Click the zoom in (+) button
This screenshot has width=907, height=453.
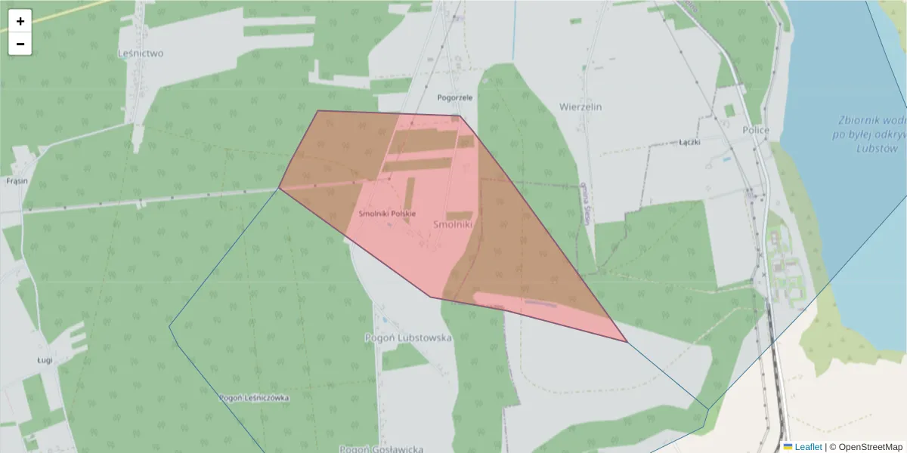coord(20,21)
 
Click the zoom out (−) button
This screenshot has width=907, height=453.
coord(20,44)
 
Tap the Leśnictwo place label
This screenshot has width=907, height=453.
coord(141,54)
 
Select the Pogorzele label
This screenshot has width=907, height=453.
coord(455,97)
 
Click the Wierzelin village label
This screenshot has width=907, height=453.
coord(580,107)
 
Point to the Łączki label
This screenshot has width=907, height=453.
coord(689,142)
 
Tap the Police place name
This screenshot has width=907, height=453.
coord(755,131)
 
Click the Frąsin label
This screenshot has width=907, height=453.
coord(17,182)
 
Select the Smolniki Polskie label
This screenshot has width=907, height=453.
coord(387,214)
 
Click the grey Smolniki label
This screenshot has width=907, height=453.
coord(453,224)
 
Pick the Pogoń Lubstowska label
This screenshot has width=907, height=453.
coord(408,337)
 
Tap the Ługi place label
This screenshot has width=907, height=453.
coord(45,360)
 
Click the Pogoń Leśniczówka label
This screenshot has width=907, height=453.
coord(254,397)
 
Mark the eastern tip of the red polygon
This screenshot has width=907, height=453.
coord(627,341)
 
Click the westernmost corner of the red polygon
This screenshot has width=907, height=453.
coord(280,187)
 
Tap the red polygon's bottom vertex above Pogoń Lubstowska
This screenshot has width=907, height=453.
coord(431,297)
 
